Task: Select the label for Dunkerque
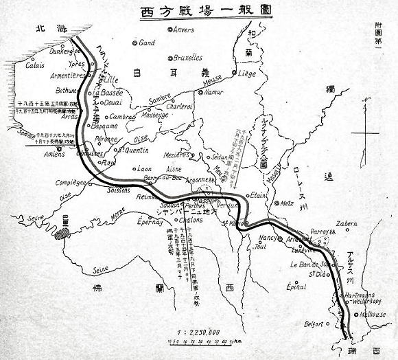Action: (x=57, y=49)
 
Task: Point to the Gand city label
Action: (x=146, y=43)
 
